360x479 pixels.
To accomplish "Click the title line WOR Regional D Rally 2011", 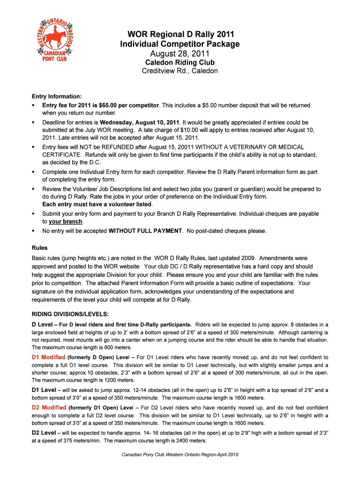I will click(x=180, y=34).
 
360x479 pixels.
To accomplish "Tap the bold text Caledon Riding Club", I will click(x=180, y=63).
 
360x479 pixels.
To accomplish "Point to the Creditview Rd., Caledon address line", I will click(x=180, y=71).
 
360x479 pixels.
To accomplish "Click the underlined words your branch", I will click(x=65, y=222).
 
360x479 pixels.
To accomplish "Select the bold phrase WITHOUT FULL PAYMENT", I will click(x=145, y=231).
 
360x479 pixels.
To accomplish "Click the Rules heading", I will click(x=40, y=248).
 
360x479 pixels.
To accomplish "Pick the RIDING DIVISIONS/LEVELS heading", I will click(x=70, y=314).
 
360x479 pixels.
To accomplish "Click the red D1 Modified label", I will click(x=48, y=357).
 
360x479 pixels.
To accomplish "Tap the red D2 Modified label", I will click(x=48, y=407).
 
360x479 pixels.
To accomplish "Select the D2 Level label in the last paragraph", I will click(x=44, y=433).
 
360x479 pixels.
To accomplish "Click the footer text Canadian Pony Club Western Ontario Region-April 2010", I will click(x=180, y=455).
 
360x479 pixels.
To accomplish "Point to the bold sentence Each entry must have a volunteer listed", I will click(x=97, y=204).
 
